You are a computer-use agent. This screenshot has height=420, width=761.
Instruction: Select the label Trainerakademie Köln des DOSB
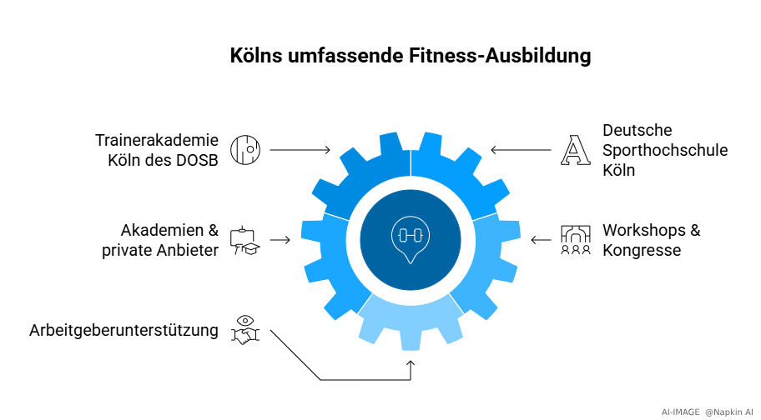pos(157,150)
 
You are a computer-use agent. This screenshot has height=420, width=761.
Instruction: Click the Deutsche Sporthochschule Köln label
pos(665,150)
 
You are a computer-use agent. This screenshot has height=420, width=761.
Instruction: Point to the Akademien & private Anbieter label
pos(169,239)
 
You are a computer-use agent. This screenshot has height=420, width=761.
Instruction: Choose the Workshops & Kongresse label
pos(651,239)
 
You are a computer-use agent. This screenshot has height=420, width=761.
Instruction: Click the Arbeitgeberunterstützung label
pos(123,330)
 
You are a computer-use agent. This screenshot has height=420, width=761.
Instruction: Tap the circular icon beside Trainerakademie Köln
pos(245,149)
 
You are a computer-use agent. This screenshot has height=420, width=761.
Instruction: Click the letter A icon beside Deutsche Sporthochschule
pos(574,149)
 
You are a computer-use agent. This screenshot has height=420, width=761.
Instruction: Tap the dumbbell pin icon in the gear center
pos(410,239)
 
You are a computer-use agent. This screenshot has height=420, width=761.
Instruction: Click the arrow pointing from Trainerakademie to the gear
pos(300,150)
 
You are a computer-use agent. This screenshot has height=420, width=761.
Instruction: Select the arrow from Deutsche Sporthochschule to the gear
pos(521,150)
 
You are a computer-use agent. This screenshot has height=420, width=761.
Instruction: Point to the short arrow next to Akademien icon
pos(280,240)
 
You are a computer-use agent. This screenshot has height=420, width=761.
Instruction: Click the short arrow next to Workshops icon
pos(541,240)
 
